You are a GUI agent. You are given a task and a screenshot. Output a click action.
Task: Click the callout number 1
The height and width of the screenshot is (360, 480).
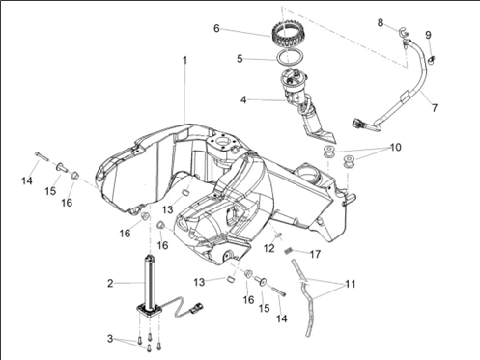tap(184, 61)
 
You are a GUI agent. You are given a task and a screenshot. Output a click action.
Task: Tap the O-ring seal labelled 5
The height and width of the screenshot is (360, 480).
tap(290, 57)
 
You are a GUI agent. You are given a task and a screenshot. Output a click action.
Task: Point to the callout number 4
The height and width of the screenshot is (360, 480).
tap(243, 99)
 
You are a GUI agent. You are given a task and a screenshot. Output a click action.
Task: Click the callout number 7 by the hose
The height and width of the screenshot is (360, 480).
tap(435, 107)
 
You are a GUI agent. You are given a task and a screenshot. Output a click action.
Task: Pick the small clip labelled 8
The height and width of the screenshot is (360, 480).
tap(403, 32)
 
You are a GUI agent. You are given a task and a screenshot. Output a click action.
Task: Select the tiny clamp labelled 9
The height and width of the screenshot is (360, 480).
tap(432, 60)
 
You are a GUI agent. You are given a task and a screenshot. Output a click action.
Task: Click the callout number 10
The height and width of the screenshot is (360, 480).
tap(396, 148)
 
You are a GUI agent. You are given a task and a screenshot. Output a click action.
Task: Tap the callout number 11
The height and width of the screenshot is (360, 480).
tap(351, 284)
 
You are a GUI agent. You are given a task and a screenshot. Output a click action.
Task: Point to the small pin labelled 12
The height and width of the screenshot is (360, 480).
tap(278, 235)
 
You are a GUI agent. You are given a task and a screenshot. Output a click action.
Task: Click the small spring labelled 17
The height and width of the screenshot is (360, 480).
tap(289, 250)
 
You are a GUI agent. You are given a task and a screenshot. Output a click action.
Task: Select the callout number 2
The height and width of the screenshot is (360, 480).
tap(110, 284)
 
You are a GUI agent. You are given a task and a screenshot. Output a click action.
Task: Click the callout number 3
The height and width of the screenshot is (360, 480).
tap(110, 339)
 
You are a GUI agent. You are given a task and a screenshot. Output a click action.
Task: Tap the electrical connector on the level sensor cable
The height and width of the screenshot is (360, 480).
tap(196, 307)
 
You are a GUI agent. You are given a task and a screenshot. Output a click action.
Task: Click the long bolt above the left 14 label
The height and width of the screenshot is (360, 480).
tap(42, 156)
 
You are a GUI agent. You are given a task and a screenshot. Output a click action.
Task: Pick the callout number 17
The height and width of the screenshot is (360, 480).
tap(315, 255)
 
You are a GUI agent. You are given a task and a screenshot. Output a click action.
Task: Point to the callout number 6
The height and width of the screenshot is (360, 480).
tap(216, 29)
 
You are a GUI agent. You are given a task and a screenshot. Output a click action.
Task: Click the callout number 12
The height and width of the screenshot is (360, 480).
tap(269, 248)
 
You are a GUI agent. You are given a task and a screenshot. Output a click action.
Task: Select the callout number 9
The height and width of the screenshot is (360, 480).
tap(428, 35)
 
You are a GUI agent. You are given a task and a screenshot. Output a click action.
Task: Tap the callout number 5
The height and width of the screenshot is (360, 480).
tap(240, 59)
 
